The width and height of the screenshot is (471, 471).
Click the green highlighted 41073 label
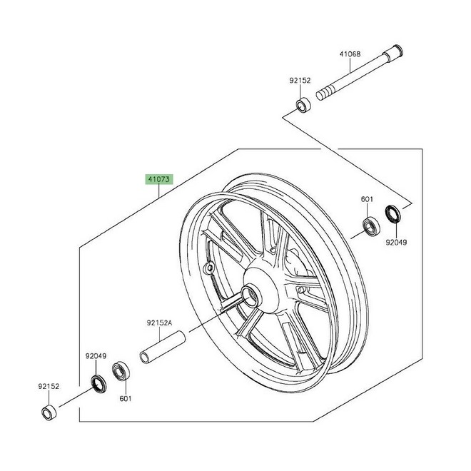pyautogui.click(x=159, y=179)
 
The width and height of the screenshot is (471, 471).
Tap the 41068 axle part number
pyautogui.click(x=350, y=54)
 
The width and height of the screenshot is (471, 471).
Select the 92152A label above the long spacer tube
pyautogui.click(x=160, y=323)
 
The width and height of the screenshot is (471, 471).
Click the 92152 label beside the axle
pyautogui.click(x=300, y=81)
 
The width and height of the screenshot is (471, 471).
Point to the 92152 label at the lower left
pyautogui.click(x=49, y=386)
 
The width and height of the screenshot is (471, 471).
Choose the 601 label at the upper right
pyautogui.click(x=367, y=199)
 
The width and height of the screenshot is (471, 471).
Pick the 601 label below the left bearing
pyautogui.click(x=126, y=399)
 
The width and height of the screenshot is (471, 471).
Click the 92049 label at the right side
pyautogui.click(x=396, y=242)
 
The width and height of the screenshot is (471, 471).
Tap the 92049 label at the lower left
pyautogui.click(x=96, y=356)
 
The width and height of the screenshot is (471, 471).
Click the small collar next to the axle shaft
pyautogui.click(x=303, y=104)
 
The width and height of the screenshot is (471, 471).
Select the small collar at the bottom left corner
pyautogui.click(x=49, y=413)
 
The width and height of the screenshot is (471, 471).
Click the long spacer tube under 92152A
pyautogui.click(x=163, y=347)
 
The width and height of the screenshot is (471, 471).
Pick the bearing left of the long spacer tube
pyautogui.click(x=121, y=371)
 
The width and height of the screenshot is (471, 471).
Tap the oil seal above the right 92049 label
pyautogui.click(x=393, y=214)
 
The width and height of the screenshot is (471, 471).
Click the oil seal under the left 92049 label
pyautogui.click(x=98, y=384)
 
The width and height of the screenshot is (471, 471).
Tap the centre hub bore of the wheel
pyautogui.click(x=250, y=296)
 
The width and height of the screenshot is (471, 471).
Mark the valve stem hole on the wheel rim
pyautogui.click(x=209, y=267)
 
